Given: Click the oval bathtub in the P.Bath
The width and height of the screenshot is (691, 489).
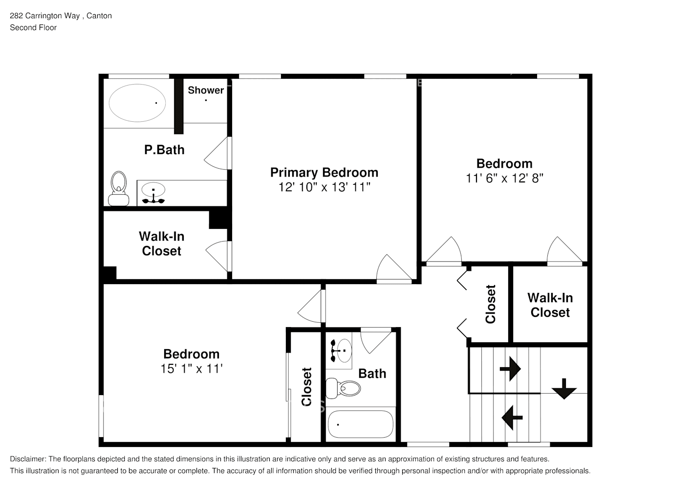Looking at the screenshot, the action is pyautogui.click(x=137, y=103).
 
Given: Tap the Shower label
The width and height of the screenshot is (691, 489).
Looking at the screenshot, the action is pyautogui.click(x=206, y=90).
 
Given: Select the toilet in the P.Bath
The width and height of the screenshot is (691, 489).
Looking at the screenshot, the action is pyautogui.click(x=118, y=188).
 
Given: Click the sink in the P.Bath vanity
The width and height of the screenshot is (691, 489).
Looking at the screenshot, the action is pyautogui.click(x=153, y=190).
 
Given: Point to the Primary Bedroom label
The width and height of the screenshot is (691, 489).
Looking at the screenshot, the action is pyautogui.click(x=324, y=173).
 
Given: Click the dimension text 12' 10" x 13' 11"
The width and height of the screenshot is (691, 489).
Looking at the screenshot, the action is pyautogui.click(x=324, y=187).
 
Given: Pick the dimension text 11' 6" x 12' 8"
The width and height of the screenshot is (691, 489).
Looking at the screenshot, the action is pyautogui.click(x=504, y=178).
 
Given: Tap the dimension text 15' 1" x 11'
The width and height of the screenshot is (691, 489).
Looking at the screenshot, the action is pyautogui.click(x=191, y=369).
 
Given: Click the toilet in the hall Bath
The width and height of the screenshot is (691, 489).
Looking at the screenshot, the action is pyautogui.click(x=343, y=388).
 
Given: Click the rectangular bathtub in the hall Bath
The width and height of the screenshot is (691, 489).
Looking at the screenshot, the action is pyautogui.click(x=360, y=424).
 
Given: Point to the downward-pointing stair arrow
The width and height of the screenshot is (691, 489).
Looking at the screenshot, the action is pyautogui.click(x=564, y=389).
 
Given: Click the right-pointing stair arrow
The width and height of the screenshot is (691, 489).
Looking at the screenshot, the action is pyautogui.click(x=510, y=369).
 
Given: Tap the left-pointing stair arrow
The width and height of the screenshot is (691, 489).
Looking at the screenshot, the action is pyautogui.click(x=512, y=418).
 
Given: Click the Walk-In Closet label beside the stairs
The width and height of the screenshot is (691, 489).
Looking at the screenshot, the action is pyautogui.click(x=550, y=305).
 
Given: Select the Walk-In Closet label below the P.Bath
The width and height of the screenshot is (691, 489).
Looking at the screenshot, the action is pyautogui.click(x=161, y=244).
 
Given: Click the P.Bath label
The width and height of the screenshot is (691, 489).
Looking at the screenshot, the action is pyautogui.click(x=164, y=150).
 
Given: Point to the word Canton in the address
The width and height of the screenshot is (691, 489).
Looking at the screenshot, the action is pyautogui.click(x=99, y=16).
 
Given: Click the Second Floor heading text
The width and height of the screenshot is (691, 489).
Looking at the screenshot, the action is pyautogui.click(x=33, y=27).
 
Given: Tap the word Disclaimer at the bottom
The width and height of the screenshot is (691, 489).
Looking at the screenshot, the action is pyautogui.click(x=28, y=459).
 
